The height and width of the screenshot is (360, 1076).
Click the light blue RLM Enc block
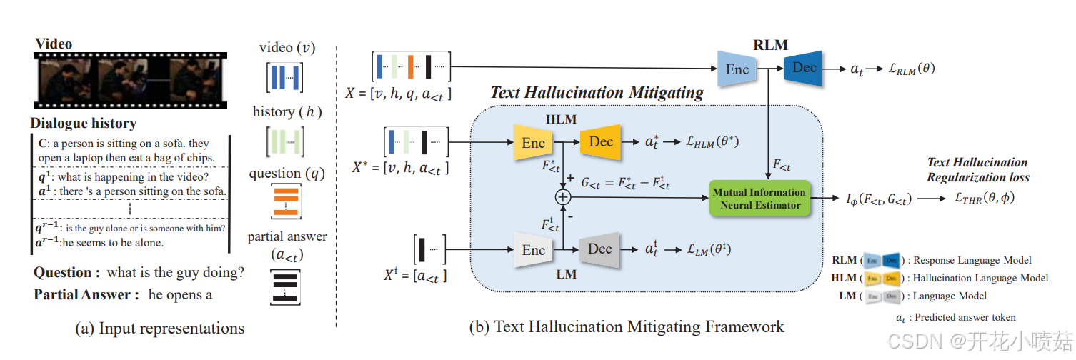(x=737, y=69)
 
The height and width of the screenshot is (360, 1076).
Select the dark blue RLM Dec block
(x=804, y=68)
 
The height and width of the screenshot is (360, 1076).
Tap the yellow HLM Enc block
(x=533, y=143)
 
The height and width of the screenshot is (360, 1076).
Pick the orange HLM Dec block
(x=600, y=142)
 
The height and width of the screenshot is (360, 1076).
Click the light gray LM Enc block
(x=533, y=250)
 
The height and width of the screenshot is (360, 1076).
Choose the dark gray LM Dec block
(x=599, y=249)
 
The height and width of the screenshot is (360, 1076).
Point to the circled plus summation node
(x=564, y=196)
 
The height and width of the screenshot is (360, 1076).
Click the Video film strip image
(x=131, y=79)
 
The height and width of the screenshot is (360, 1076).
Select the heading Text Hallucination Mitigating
(x=597, y=92)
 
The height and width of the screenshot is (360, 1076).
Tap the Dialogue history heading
(x=84, y=124)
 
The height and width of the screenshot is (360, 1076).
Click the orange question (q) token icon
(x=286, y=201)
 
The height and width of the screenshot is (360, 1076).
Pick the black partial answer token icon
(x=286, y=287)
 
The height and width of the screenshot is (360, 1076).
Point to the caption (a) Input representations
(x=159, y=329)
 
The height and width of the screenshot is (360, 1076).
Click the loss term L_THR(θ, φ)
(x=979, y=199)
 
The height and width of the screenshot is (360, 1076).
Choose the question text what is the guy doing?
(x=175, y=272)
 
